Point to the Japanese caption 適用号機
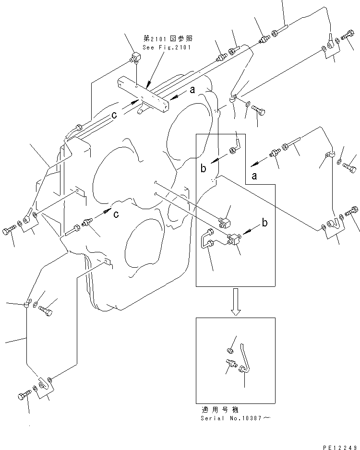pyautogui.click(x=219, y=411)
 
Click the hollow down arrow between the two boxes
pyautogui.click(x=235, y=302)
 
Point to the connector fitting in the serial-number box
pyautogui.click(x=230, y=364)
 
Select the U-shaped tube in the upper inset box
pyautogui.click(x=207, y=238)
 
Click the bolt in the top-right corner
pyautogui.click(x=347, y=37)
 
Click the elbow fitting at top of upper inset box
pyautogui.click(x=234, y=146)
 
